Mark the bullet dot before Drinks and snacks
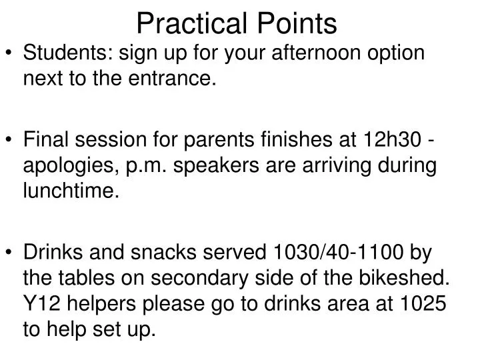pos(11,253)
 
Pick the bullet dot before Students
pos(11,53)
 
